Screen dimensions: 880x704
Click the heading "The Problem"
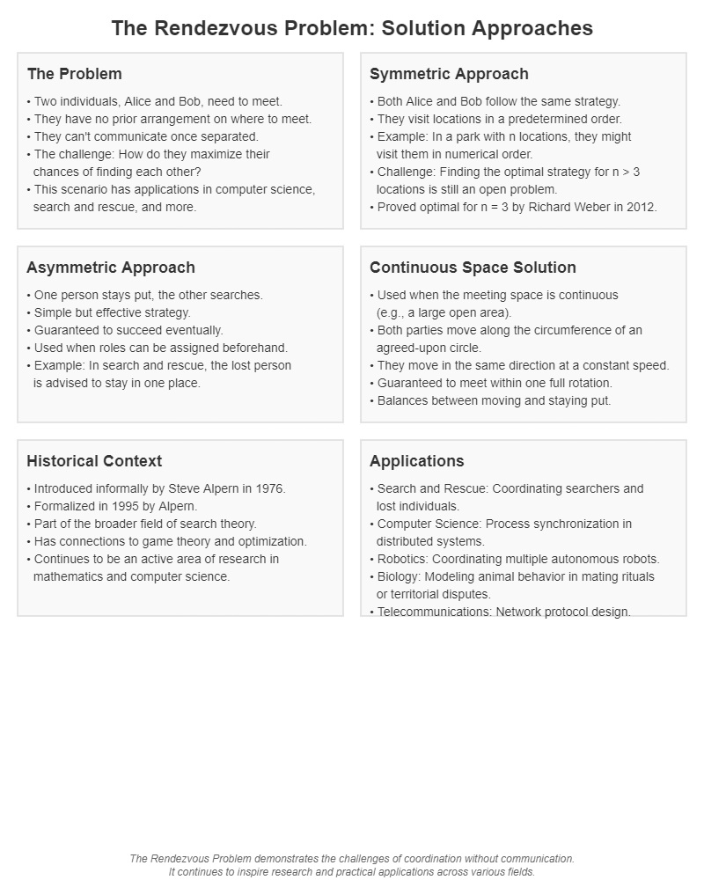click(74, 74)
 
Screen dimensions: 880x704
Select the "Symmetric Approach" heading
click(449, 74)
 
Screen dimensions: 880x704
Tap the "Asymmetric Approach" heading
click(111, 268)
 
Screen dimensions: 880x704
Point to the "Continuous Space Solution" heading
click(473, 268)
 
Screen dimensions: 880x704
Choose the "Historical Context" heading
click(94, 461)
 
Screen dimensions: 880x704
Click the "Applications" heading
click(416, 461)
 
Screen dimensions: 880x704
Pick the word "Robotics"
click(402, 559)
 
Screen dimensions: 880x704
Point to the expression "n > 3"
click(622, 172)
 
